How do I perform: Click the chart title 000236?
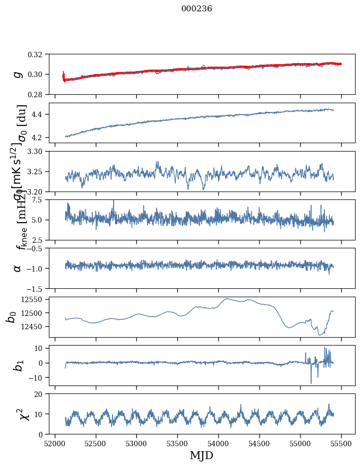197,9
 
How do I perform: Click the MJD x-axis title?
201,455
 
